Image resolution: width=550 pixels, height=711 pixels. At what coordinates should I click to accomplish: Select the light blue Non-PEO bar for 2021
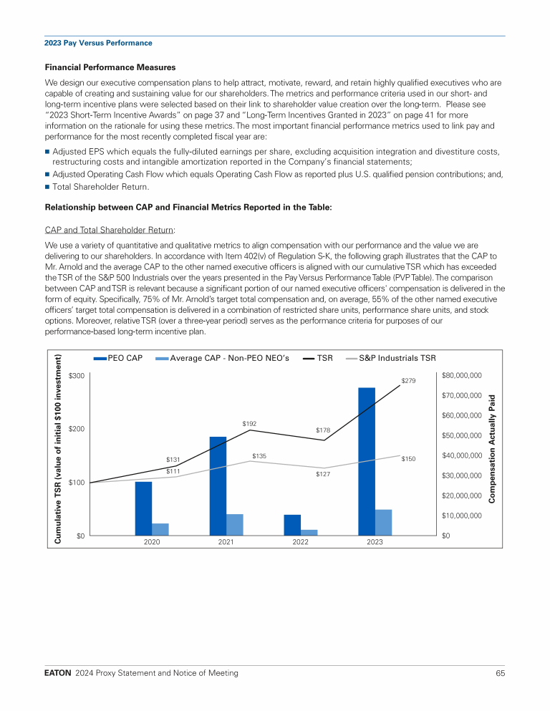click(x=235, y=524)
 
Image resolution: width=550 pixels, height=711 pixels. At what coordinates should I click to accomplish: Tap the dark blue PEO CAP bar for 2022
click(x=292, y=524)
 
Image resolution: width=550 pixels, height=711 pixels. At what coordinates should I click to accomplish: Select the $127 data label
click(x=322, y=474)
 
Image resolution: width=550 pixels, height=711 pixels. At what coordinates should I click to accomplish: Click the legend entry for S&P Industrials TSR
click(x=395, y=358)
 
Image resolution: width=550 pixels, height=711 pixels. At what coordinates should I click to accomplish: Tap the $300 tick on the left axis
click(x=77, y=376)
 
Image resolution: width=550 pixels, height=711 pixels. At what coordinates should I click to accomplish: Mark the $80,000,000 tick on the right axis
click(x=462, y=375)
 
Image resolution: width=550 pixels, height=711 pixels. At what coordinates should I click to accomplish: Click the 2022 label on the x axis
click(x=300, y=542)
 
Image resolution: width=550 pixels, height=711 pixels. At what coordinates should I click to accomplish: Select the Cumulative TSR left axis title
click(x=58, y=449)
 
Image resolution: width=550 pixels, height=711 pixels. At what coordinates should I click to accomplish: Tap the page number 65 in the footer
click(x=500, y=673)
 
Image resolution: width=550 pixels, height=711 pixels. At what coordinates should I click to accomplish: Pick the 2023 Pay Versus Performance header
click(x=98, y=43)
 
